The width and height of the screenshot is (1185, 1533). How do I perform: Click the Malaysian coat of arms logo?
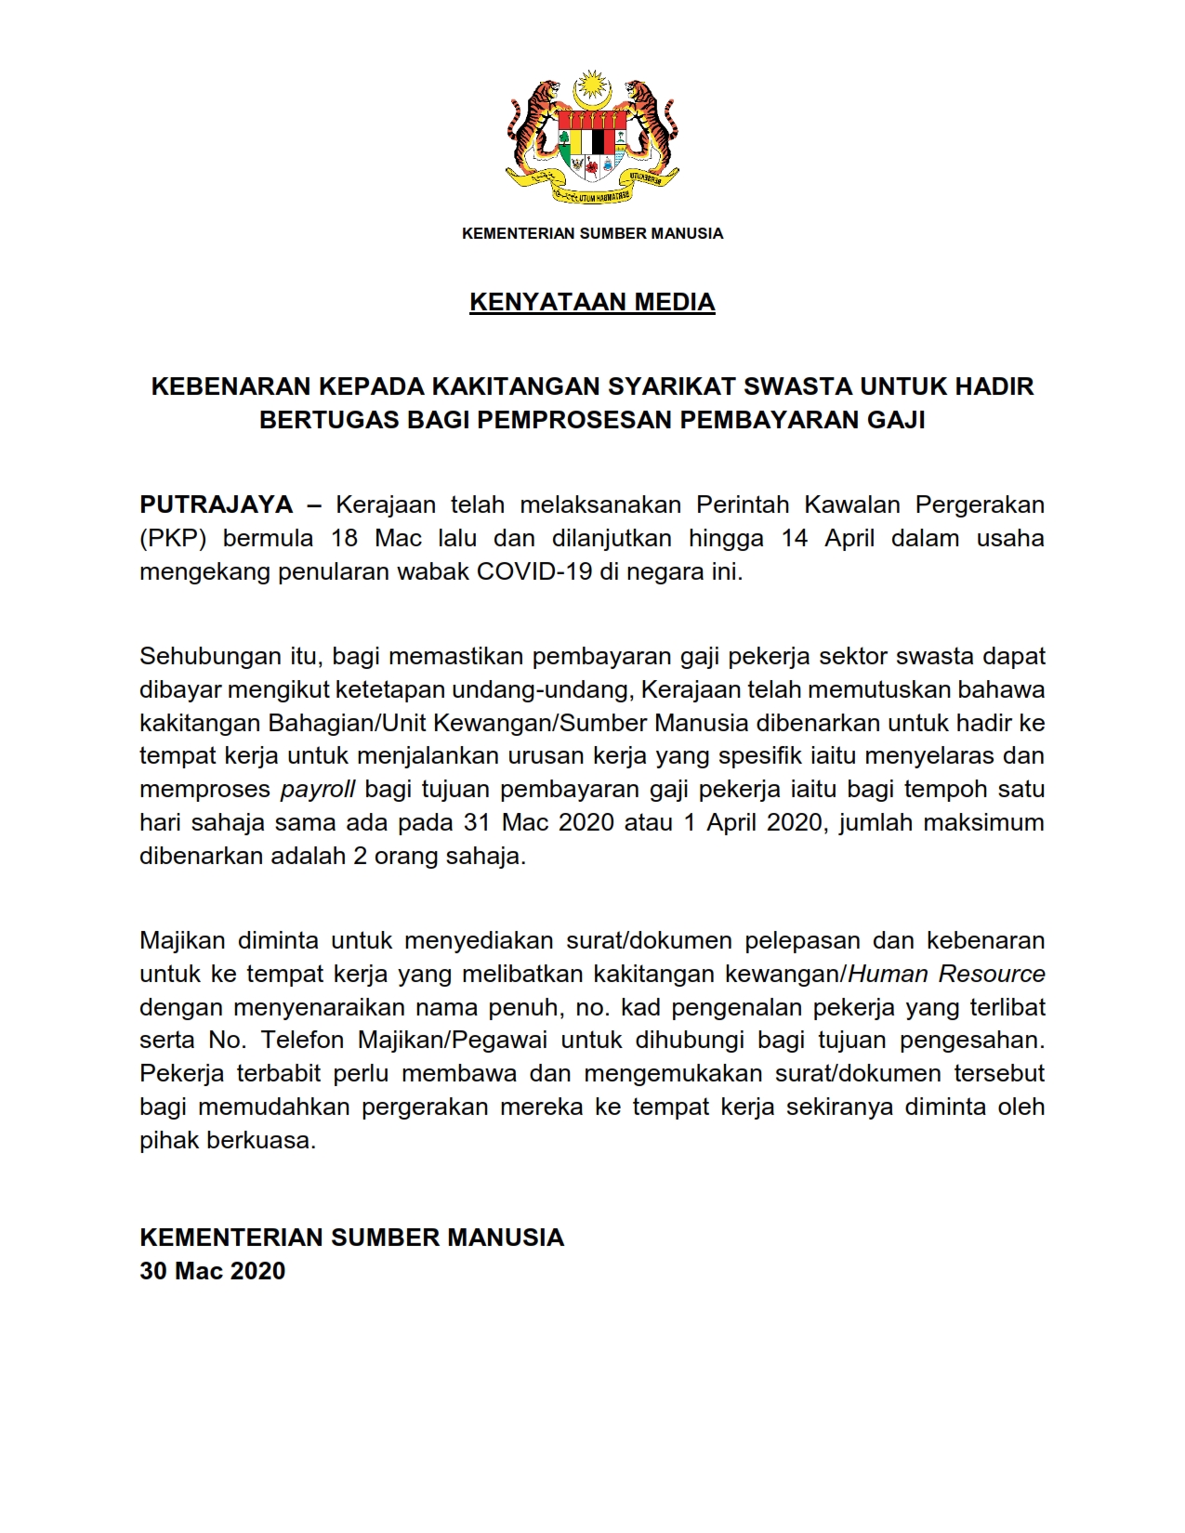click(x=592, y=138)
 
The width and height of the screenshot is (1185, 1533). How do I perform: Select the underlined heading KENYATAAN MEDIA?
click(x=592, y=302)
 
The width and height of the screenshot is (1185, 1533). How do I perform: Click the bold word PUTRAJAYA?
click(x=216, y=504)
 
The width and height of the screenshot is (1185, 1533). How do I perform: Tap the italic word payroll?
click(x=318, y=789)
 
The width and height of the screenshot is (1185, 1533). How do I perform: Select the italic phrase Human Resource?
click(x=947, y=974)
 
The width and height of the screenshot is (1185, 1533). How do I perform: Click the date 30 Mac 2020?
click(x=213, y=1271)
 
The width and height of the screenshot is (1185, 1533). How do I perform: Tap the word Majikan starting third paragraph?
click(x=182, y=939)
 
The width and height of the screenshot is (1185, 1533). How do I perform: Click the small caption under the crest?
click(x=592, y=233)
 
